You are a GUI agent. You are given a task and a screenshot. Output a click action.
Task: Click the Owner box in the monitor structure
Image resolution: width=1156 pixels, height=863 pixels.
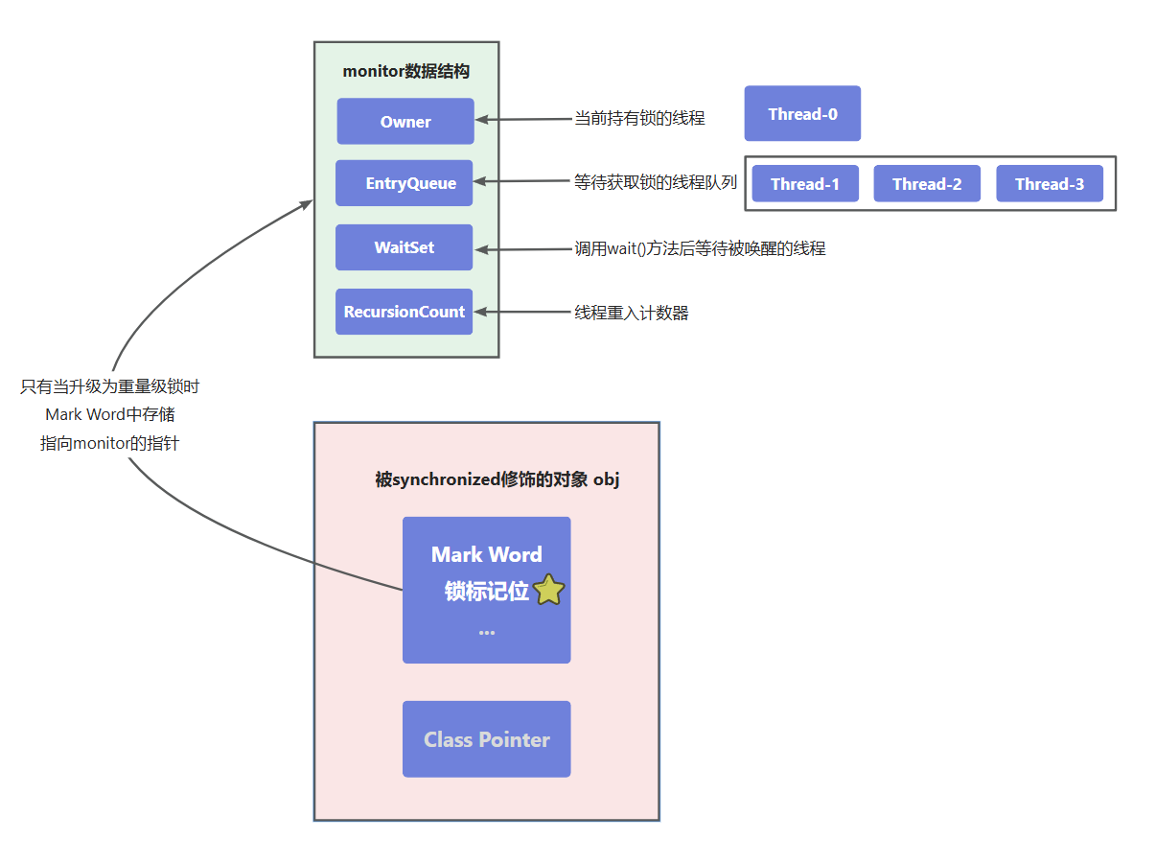pyautogui.click(x=405, y=122)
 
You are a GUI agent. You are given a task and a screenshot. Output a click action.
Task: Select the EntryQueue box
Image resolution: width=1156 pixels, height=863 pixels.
pyautogui.click(x=404, y=183)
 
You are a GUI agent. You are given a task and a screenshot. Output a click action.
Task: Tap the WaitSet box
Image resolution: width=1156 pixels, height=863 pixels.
pyautogui.click(x=404, y=247)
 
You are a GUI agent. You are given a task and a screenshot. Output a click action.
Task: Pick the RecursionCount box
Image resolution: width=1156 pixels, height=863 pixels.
pyautogui.click(x=404, y=312)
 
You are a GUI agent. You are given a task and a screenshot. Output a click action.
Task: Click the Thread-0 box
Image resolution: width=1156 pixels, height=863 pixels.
pyautogui.click(x=802, y=114)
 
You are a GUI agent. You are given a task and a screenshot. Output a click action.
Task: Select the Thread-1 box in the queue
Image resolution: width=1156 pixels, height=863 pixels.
pyautogui.click(x=804, y=184)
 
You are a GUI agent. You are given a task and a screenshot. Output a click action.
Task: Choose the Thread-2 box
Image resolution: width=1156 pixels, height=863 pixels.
pyautogui.click(x=926, y=184)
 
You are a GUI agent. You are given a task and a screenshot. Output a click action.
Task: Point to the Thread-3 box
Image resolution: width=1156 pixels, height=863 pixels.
pyautogui.click(x=1049, y=184)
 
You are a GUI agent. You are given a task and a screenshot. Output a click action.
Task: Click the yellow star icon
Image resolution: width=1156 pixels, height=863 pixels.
pyautogui.click(x=548, y=591)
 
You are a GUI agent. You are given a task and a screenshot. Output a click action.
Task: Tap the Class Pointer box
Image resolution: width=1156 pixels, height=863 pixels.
pyautogui.click(x=486, y=739)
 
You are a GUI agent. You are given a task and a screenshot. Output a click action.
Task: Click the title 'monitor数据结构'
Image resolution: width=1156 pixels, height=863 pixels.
pyautogui.click(x=405, y=72)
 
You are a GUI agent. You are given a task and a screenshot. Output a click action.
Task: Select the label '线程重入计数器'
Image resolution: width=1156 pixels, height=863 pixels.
pyautogui.click(x=631, y=313)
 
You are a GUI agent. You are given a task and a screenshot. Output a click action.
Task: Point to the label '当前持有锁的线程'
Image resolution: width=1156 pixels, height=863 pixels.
pyautogui.click(x=638, y=118)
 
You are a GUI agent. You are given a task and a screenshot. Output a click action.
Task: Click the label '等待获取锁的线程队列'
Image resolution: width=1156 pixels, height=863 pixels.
pyautogui.click(x=655, y=182)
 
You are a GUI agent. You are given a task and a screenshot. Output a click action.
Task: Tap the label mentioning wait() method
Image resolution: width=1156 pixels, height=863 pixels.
pyautogui.click(x=699, y=248)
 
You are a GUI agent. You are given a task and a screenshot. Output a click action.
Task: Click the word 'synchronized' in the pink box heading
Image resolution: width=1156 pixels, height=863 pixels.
pyautogui.click(x=446, y=479)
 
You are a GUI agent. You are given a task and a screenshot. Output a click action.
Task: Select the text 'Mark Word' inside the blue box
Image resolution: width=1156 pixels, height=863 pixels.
pyautogui.click(x=486, y=554)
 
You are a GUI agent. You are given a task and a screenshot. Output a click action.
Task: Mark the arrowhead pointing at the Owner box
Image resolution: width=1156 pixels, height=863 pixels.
pyautogui.click(x=482, y=120)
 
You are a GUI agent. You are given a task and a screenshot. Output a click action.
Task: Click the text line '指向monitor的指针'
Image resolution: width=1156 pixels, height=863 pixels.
pyautogui.click(x=109, y=443)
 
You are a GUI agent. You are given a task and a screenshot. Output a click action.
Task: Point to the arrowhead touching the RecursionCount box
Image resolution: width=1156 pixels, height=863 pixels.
pyautogui.click(x=481, y=312)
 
